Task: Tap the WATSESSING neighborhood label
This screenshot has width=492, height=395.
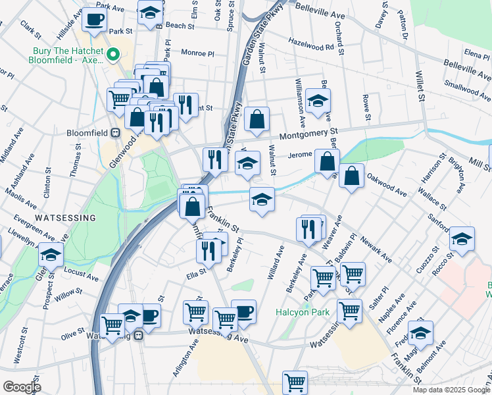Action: pos(66,217)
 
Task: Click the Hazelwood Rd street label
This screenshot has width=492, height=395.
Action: pos(312,44)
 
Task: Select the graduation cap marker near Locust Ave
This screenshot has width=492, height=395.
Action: pos(51,254)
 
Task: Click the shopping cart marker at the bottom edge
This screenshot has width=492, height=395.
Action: pos(295,382)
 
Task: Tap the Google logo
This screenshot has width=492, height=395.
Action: pos(21,387)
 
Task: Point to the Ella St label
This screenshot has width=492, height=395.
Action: pos(198,269)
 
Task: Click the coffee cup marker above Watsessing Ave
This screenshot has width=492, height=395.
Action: pos(243,311)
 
